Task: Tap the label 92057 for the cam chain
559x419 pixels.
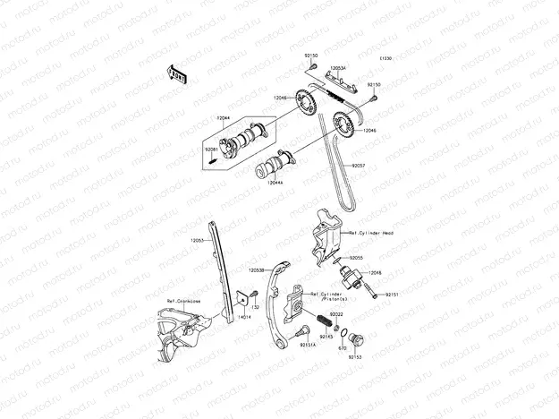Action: click(359, 166)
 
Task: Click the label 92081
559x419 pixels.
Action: click(210, 149)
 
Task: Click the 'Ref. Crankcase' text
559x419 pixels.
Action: click(182, 302)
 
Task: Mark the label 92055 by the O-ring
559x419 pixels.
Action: click(356, 257)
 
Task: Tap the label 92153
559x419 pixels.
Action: click(355, 356)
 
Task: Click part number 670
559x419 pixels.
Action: click(342, 348)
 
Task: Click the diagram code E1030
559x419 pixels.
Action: click(386, 58)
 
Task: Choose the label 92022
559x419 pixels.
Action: click(336, 314)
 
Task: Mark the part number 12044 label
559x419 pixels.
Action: click(223, 118)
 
